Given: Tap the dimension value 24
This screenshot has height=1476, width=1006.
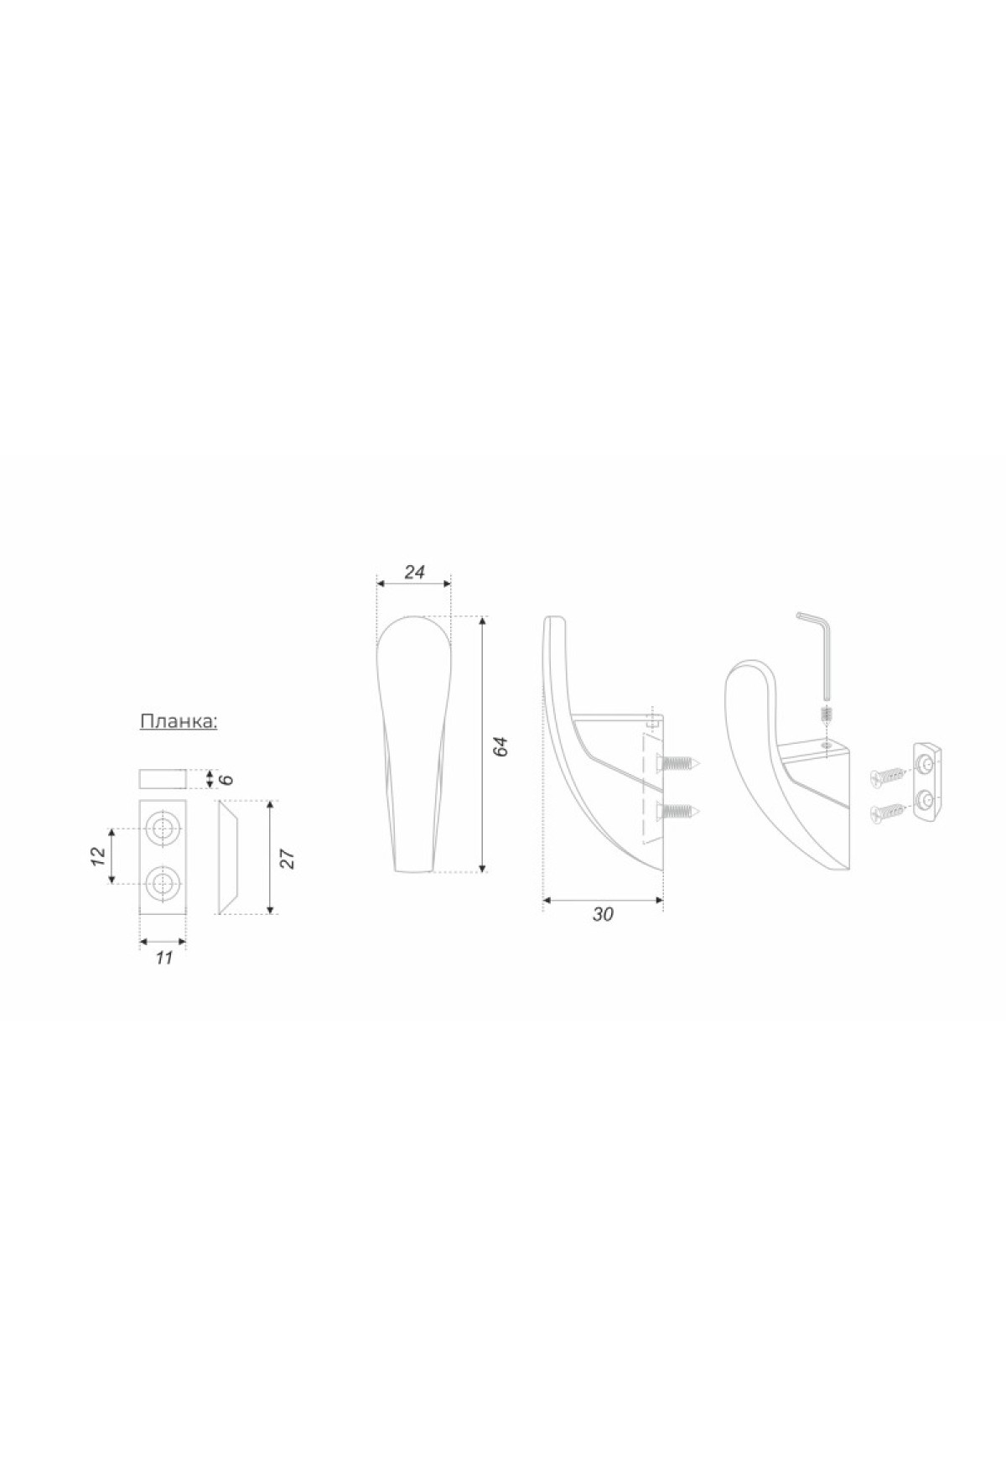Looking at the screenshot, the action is [415, 572].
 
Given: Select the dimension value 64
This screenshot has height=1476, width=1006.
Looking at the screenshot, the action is [501, 746].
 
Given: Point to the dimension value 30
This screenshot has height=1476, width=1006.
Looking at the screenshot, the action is [603, 915].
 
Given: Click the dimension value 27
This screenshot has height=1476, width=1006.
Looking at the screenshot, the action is [288, 859].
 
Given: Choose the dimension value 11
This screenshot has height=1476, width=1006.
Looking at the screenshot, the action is [163, 958].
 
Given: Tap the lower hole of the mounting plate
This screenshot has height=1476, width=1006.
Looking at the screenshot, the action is [162, 882].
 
